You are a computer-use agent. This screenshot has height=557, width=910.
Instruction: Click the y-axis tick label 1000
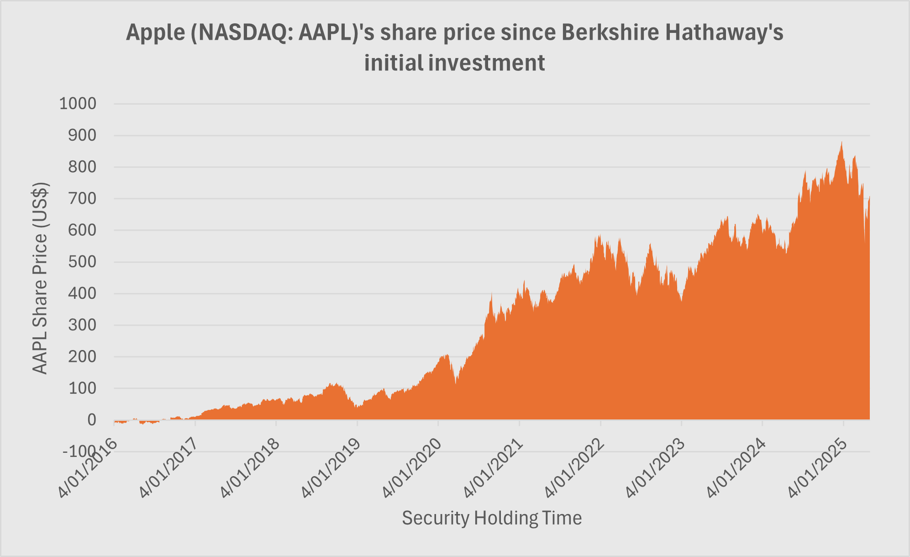pos(78,104)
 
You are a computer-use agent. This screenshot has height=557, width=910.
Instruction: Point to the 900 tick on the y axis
pos(82,136)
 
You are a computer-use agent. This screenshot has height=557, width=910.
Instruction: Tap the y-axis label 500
pos(82,262)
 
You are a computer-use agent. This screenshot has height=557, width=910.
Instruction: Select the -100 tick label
pos(79,451)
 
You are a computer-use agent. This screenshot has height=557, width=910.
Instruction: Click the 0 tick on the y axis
pos(91,420)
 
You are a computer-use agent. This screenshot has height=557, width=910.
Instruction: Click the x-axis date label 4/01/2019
pos(330,470)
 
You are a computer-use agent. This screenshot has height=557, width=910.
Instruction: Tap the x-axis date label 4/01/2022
pos(573,470)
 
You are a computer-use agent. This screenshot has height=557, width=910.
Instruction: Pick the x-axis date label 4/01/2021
pos(492,470)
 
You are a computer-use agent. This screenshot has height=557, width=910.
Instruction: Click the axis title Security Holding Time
pos(492,518)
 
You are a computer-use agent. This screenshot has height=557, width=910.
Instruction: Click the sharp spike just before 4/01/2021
pos(491,294)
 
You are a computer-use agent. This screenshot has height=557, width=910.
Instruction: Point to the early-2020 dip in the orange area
pos(455,383)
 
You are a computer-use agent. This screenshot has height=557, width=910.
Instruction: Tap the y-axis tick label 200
pos(82,357)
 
